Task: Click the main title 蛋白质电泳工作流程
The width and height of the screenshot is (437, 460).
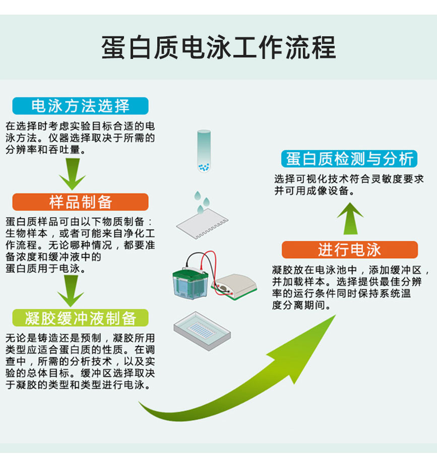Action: point(219,47)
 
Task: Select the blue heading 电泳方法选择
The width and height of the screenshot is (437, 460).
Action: point(81,106)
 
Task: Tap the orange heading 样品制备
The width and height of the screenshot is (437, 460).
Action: point(81,202)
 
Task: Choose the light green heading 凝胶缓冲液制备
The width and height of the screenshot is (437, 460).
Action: point(81,318)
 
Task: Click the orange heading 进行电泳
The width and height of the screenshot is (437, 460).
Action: point(349,250)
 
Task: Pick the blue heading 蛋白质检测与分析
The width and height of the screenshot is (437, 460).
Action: point(349,159)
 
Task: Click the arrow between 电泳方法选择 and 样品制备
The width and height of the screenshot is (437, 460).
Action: point(72,174)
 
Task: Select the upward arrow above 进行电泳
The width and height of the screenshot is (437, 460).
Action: point(350,218)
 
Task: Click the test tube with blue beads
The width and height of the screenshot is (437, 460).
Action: point(204,151)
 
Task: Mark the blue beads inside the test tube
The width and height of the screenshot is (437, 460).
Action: point(204,167)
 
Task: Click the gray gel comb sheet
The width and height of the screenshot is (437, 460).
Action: point(202,224)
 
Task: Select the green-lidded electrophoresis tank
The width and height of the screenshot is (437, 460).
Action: point(191,283)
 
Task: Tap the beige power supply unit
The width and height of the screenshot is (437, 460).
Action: point(234,286)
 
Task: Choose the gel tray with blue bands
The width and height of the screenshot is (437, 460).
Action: point(202,331)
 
